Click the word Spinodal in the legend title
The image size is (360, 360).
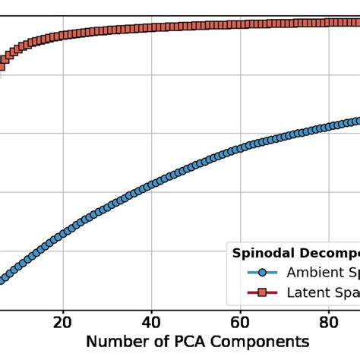(x=261, y=253)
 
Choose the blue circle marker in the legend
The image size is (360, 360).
(x=262, y=272)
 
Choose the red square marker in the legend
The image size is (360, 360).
(x=262, y=292)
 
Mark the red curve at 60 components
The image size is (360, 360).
(x=240, y=25)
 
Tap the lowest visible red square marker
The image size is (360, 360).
(x=2, y=67)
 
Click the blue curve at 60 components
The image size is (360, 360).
(x=240, y=147)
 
